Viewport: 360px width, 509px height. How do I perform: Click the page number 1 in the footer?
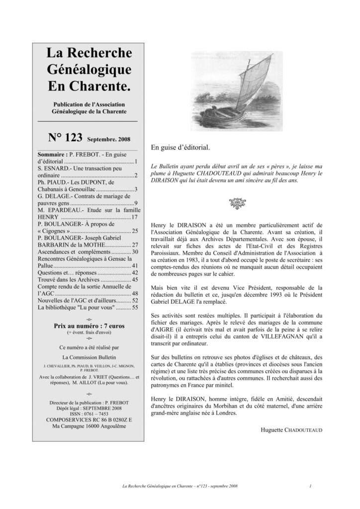coord(310,486)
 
